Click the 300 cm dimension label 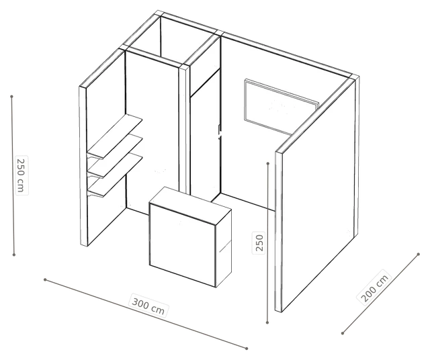(x=148, y=305)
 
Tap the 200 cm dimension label (x=374, y=287)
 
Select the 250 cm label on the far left (x=21, y=175)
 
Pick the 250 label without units (x=259, y=242)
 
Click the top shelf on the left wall (x=115, y=136)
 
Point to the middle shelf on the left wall (x=115, y=156)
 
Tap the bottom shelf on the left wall (x=115, y=175)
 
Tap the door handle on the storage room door (x=219, y=132)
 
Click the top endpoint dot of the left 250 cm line (x=11, y=97)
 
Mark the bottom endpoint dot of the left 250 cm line (x=14, y=255)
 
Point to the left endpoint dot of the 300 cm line (x=45, y=279)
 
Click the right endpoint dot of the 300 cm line (x=247, y=349)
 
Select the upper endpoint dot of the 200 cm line (x=418, y=254)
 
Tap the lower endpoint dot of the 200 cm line (x=343, y=333)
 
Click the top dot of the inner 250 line (x=268, y=163)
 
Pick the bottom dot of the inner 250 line (x=267, y=322)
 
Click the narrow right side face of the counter (x=224, y=248)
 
